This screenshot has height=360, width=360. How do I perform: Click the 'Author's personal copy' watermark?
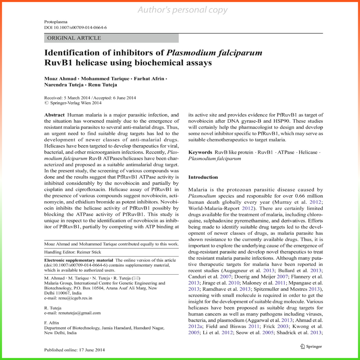tap(183, 10)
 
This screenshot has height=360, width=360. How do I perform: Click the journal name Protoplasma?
tap(56, 22)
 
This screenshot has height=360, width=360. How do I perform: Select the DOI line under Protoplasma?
tap(75, 27)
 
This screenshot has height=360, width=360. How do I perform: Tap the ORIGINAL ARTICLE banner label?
tap(74, 38)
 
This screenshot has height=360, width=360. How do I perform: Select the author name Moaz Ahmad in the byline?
tap(59, 79)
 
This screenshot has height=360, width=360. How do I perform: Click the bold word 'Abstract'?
tap(55, 115)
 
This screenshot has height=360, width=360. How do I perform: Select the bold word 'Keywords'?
tap(200, 152)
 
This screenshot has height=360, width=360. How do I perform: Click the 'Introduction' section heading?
tap(203, 177)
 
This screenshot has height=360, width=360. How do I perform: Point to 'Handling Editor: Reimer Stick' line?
tap(72, 252)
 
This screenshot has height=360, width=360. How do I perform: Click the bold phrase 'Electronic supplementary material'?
tap(79, 260)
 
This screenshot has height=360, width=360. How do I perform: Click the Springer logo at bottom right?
tap(311, 346)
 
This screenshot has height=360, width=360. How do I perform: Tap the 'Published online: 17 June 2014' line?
tap(74, 350)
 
